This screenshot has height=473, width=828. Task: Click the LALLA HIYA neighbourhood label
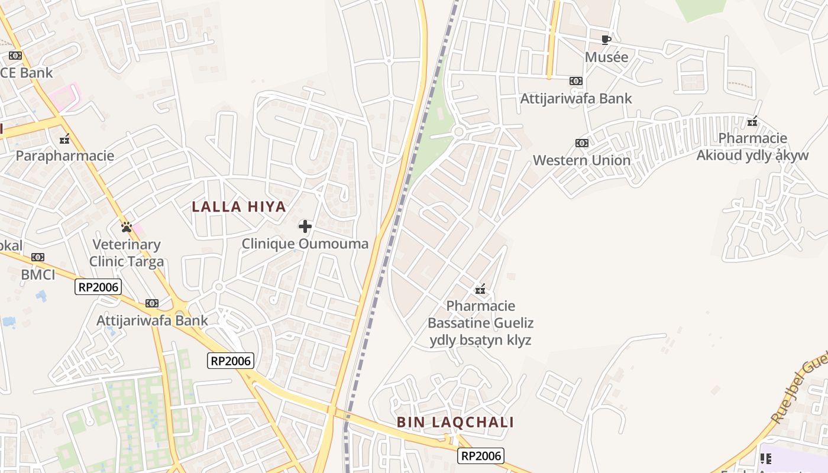click(x=239, y=207)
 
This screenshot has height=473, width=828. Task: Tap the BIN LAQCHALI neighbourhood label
click(x=455, y=422)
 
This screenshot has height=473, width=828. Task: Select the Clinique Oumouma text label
click(x=305, y=244)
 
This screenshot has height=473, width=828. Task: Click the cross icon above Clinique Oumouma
click(x=305, y=226)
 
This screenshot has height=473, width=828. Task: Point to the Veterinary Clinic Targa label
click(x=127, y=252)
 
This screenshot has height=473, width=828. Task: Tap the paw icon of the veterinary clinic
click(x=126, y=226)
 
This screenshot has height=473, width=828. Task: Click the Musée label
click(x=606, y=57)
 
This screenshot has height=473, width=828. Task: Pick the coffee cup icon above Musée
click(x=606, y=40)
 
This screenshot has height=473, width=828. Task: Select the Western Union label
click(x=582, y=160)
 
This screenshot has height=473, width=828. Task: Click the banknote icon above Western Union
click(x=582, y=143)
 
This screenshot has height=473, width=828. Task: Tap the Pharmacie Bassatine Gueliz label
click(x=480, y=323)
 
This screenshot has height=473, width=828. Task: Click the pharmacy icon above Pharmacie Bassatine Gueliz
click(x=480, y=289)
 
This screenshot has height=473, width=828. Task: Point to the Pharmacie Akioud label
click(x=752, y=147)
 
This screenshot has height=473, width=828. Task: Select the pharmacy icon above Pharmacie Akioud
click(x=752, y=122)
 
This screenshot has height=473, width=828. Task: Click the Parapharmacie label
click(x=64, y=156)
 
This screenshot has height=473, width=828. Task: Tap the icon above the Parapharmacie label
click(x=64, y=140)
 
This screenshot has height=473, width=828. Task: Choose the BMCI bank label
click(x=38, y=274)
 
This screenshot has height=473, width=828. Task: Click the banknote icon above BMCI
click(x=38, y=257)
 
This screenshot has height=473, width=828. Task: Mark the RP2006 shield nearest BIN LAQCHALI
click(x=481, y=455)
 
